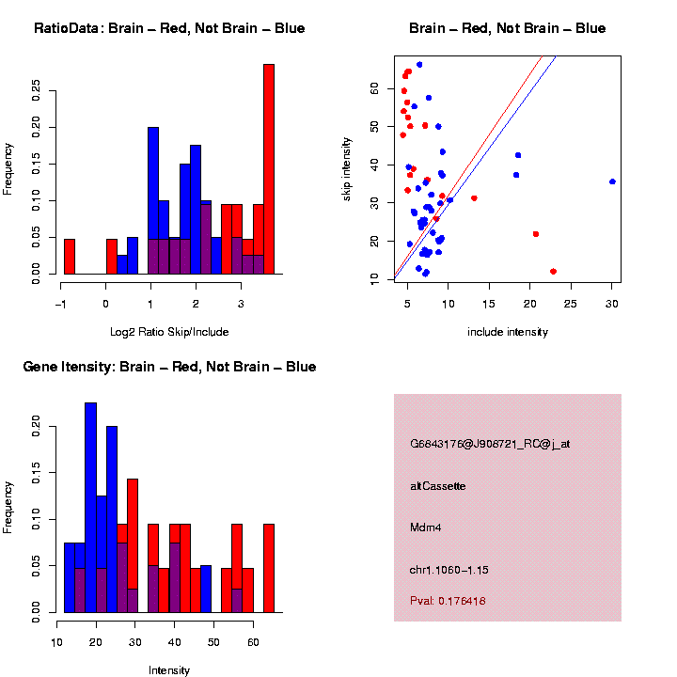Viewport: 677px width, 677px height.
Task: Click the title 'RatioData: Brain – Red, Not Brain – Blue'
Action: coord(169,28)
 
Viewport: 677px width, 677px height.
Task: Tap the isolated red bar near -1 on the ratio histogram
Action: coord(70,256)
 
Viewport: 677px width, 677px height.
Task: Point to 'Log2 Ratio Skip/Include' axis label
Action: coord(169,331)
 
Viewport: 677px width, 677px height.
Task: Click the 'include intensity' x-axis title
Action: coord(508,331)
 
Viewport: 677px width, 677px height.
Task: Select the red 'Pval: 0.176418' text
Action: coord(448,601)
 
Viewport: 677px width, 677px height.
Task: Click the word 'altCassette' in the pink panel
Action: coord(438,486)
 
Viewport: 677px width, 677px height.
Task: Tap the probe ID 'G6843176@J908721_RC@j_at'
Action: coord(490,444)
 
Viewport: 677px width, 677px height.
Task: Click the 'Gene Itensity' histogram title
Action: coord(169,367)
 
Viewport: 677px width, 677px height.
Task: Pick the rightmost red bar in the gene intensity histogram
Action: coord(269,568)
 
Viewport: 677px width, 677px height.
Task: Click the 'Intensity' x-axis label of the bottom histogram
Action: coord(169,670)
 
